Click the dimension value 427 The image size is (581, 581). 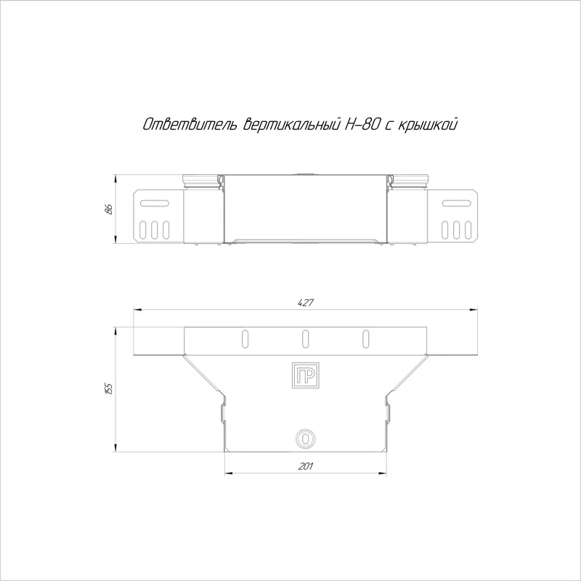[306, 303]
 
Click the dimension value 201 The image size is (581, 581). [306, 466]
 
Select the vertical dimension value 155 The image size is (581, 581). [108, 389]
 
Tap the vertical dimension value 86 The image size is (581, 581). [108, 209]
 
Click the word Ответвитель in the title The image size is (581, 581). [190, 124]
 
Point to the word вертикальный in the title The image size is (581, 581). [291, 124]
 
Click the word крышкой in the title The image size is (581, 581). [427, 124]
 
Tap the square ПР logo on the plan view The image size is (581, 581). [305, 375]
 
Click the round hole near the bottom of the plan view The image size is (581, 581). [305, 439]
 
